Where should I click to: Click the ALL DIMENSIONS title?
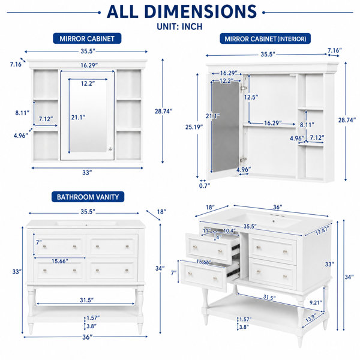pos(182,11)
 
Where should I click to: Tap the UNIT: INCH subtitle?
pos(179,26)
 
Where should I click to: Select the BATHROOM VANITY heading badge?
pos(88,197)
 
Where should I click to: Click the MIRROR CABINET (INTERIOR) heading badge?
pos(265,38)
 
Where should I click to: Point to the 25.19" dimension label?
pos(194,127)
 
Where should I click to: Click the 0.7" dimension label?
pos(205,185)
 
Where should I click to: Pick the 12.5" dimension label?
pos(251,97)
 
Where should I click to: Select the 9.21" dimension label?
pos(316,302)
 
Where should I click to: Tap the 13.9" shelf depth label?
pos(311,318)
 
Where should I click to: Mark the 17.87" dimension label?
pos(322,230)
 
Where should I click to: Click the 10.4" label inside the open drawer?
pos(229,230)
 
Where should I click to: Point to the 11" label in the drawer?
pos(206,230)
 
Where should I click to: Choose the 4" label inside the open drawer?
pos(219,237)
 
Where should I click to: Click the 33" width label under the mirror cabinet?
pos(87,172)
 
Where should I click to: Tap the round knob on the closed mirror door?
pos(110,149)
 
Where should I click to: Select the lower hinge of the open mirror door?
pos(243,160)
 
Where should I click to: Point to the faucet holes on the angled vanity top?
pos(274,215)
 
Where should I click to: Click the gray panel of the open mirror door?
pos(226,127)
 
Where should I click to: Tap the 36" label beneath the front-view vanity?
pos(87,337)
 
